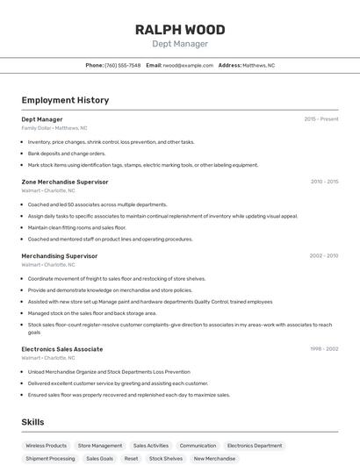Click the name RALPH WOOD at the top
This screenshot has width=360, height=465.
(x=179, y=30)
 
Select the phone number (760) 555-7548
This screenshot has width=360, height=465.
(x=122, y=65)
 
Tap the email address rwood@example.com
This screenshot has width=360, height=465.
(x=188, y=65)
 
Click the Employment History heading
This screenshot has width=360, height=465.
(x=65, y=100)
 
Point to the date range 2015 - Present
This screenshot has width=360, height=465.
(x=320, y=119)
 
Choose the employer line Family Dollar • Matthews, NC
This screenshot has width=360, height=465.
(x=54, y=128)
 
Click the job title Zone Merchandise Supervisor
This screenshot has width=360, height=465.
(x=65, y=182)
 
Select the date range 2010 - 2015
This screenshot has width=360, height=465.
(x=324, y=182)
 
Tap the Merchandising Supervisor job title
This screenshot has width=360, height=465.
(x=60, y=256)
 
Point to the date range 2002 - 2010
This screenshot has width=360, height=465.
(x=324, y=256)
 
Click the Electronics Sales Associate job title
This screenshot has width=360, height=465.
(x=62, y=349)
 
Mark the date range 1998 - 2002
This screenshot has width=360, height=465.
(x=324, y=349)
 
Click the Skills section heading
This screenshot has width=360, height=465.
(x=33, y=422)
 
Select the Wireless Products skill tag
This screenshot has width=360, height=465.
(x=46, y=446)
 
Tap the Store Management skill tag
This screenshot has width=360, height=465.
(x=100, y=446)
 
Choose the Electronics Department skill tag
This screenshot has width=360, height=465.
(x=255, y=446)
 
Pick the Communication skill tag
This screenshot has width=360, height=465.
(x=198, y=446)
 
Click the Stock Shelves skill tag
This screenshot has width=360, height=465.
(x=166, y=458)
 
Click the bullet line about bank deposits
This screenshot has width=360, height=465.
(x=67, y=154)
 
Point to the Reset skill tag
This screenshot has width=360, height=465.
(x=131, y=458)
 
